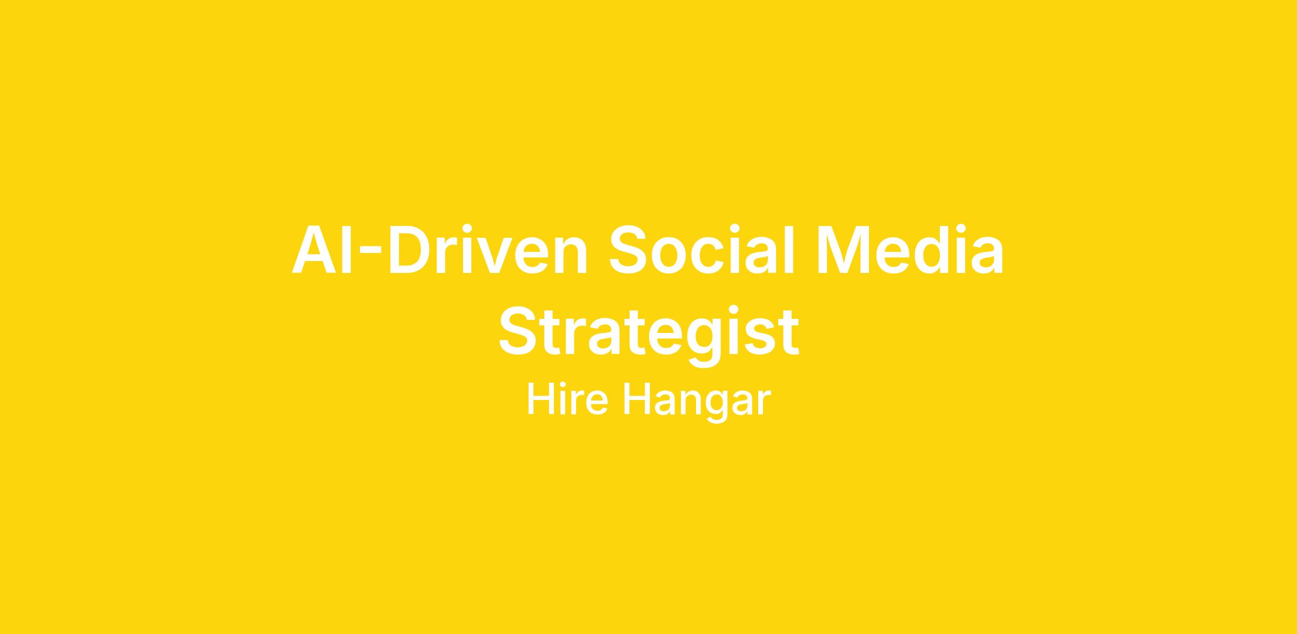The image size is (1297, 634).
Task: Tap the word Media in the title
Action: pos(911,249)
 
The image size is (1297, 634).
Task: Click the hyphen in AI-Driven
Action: pos(370,250)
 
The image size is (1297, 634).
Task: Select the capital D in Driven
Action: pos(410,249)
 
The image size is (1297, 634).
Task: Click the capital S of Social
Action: pos(628,249)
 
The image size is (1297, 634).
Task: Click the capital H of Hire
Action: pos(541,399)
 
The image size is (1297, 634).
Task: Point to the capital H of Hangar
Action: pos(638,399)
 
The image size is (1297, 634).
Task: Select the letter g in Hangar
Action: pos(717,406)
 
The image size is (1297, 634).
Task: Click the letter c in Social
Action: pos(706,256)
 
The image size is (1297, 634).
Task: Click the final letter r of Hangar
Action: pos(764,403)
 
